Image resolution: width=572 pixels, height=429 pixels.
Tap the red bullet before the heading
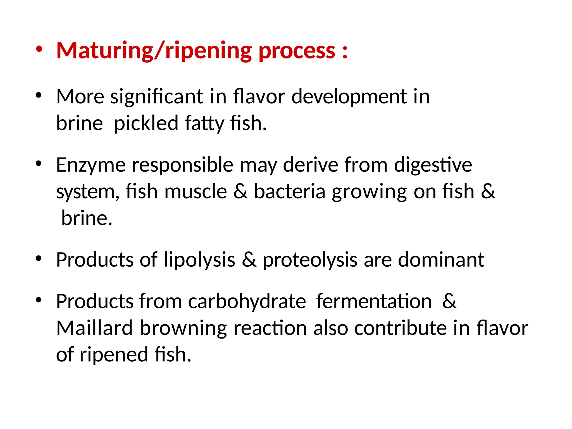click(39, 50)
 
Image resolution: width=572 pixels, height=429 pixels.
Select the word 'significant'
click(156, 97)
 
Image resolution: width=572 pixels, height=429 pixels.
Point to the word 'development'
click(349, 97)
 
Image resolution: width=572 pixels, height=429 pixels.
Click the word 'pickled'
click(146, 123)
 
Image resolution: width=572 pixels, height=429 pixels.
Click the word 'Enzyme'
click(91, 165)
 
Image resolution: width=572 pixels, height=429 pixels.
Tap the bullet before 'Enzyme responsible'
click(39, 164)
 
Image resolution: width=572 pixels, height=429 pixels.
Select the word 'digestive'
click(433, 165)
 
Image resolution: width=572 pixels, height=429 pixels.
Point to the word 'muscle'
click(196, 192)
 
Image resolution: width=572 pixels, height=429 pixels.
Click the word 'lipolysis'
click(199, 260)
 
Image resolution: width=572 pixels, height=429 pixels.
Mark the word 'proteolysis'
click(310, 260)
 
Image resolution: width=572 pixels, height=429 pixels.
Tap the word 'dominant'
click(441, 259)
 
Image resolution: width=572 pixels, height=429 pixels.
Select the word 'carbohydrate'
click(247, 302)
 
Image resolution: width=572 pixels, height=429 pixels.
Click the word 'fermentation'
click(374, 301)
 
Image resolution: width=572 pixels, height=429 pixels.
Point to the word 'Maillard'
click(94, 328)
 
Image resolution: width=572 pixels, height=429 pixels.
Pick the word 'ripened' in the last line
click(114, 355)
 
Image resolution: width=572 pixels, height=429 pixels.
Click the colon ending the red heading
click(345, 52)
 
